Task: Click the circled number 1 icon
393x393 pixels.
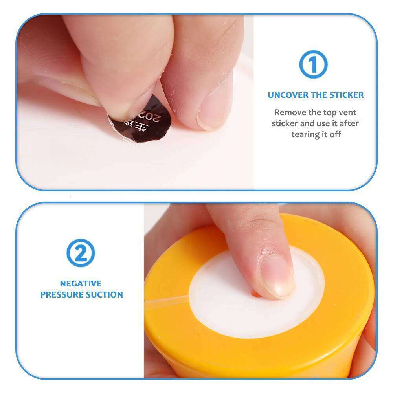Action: point(313,65)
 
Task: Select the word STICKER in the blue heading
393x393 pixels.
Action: point(345,95)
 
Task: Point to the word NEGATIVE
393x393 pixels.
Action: point(81,283)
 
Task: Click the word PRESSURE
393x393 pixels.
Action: point(62,294)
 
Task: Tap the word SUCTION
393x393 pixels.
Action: point(105,294)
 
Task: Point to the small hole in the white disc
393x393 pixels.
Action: point(256,293)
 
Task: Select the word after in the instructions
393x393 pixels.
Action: point(349,123)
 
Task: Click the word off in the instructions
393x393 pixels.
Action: point(335,134)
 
